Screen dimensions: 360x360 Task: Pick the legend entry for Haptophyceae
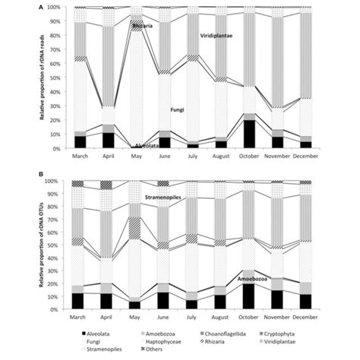click(172, 342)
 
